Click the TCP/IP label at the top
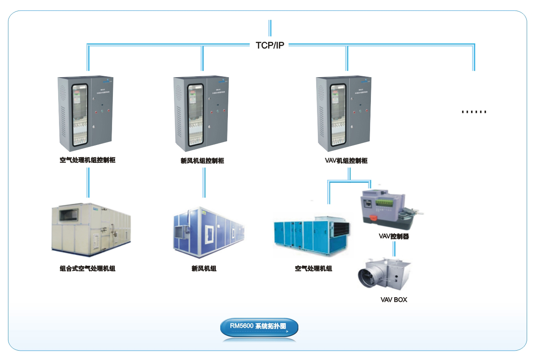(x=270, y=45)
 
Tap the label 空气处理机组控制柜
(x=87, y=160)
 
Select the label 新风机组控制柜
(x=202, y=161)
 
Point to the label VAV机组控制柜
(x=346, y=161)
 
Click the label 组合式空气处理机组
(x=87, y=268)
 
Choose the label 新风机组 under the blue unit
(x=204, y=268)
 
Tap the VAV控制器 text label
(x=394, y=237)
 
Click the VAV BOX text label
(x=393, y=300)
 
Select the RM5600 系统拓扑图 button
(x=259, y=327)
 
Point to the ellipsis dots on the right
(x=474, y=112)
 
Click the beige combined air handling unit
(x=90, y=229)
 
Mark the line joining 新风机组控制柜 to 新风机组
(x=204, y=182)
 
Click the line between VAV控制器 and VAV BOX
(x=394, y=248)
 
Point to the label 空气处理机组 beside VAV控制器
(x=313, y=268)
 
